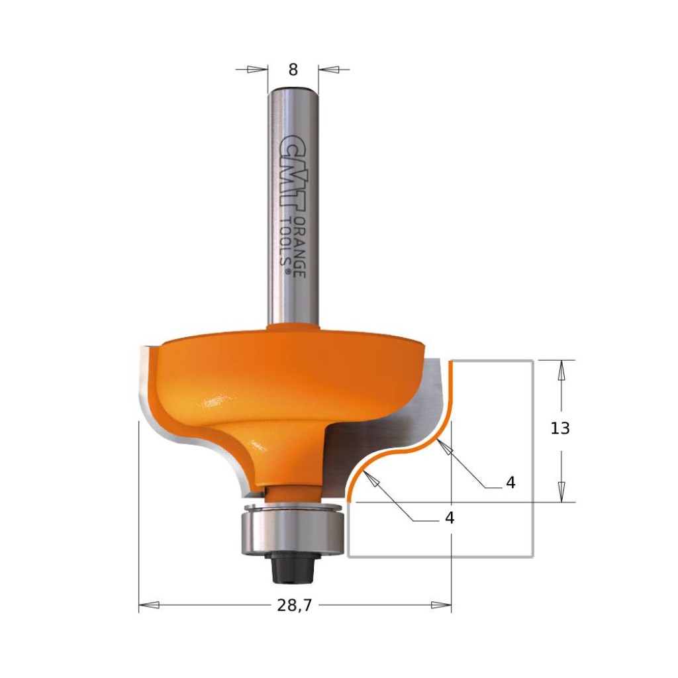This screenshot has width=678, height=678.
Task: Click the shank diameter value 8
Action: (x=293, y=70)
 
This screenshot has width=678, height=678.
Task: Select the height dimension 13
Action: (x=560, y=428)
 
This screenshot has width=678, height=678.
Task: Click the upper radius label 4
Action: (x=510, y=483)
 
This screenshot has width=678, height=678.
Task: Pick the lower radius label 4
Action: (x=450, y=518)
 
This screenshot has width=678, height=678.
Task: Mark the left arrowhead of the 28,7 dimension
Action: (x=150, y=605)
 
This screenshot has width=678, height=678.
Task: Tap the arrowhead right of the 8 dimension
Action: (x=328, y=69)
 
